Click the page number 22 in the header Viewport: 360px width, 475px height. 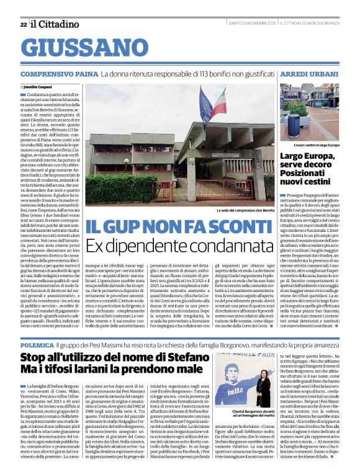click(24, 24)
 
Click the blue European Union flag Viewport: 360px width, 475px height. click(205, 102)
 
